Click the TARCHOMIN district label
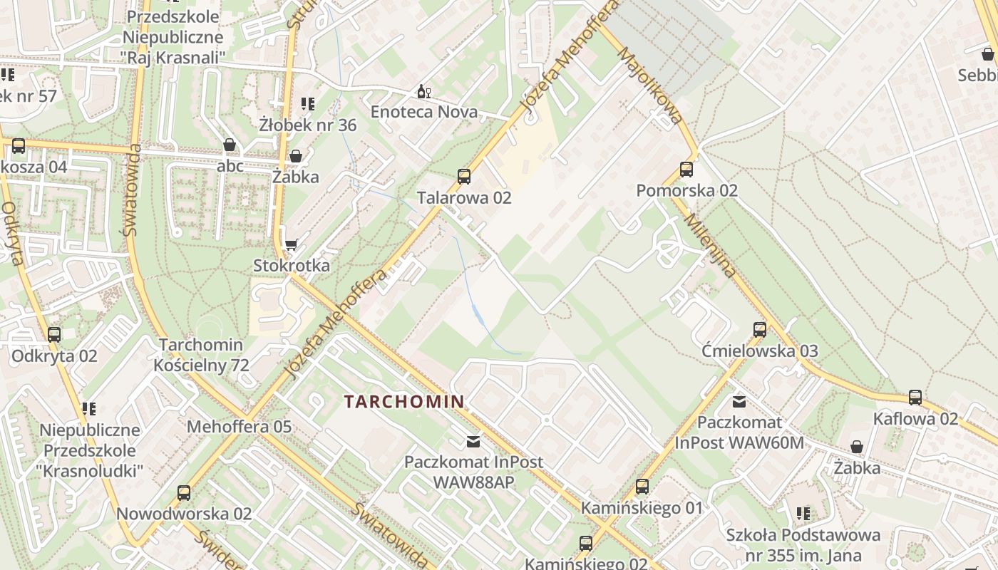coord(404,401)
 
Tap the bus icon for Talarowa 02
coord(464,176)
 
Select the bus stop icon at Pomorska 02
coord(686,170)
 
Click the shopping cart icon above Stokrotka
coord(291,245)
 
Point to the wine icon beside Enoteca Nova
coord(423,92)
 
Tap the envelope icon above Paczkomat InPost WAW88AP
coord(473,441)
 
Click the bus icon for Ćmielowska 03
coord(760,330)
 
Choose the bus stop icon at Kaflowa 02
coord(915,398)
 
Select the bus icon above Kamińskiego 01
coord(642,487)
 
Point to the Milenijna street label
coord(710,246)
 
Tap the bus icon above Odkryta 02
coord(54,335)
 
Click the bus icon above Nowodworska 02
coord(184,492)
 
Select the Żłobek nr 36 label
coord(308,125)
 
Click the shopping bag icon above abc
coord(230,145)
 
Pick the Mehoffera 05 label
coord(240,427)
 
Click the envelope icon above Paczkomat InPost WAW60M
coord(739,402)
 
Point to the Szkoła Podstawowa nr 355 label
coord(803,544)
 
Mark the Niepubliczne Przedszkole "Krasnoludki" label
coord(90,450)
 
